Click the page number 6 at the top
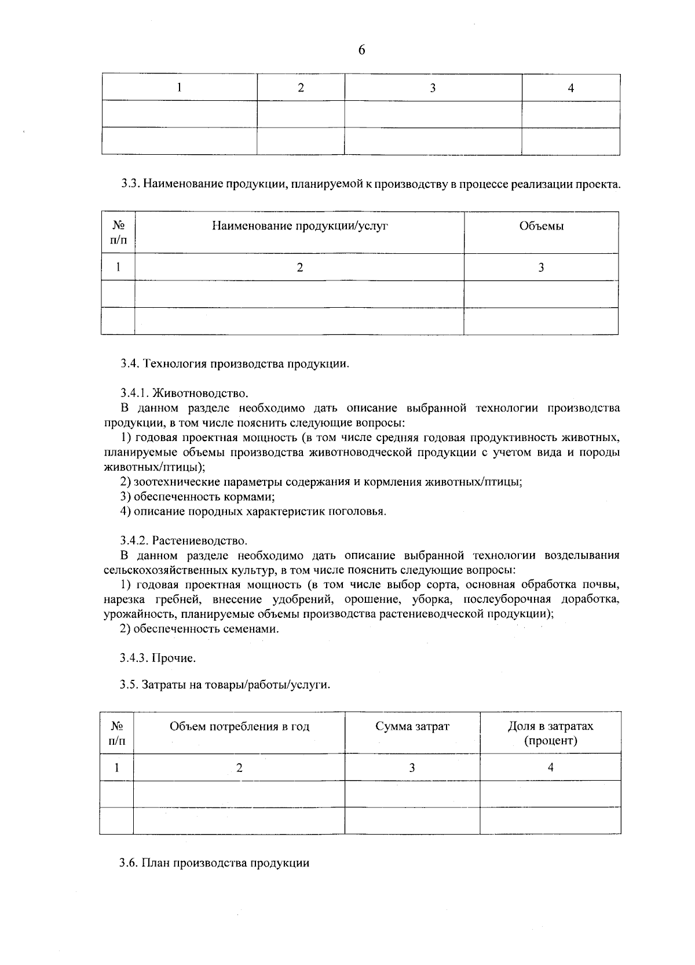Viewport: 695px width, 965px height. click(362, 50)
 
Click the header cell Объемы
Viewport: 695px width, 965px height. click(541, 226)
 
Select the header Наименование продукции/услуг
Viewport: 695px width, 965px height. click(299, 226)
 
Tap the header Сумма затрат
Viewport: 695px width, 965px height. click(412, 726)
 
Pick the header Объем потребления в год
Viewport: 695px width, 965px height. click(239, 726)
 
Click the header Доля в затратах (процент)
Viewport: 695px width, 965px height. click(550, 733)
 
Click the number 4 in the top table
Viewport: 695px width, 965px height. click(570, 88)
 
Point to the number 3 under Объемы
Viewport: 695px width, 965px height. click(541, 267)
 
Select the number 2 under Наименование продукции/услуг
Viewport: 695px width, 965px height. click(299, 267)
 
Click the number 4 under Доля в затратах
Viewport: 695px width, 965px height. click(550, 767)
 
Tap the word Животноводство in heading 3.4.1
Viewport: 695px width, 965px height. click(200, 394)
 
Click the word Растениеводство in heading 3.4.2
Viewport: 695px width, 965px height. click(200, 541)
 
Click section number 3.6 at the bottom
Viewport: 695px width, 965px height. click(128, 862)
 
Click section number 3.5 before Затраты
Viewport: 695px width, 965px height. click(129, 684)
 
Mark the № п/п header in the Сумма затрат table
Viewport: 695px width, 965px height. click(117, 733)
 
